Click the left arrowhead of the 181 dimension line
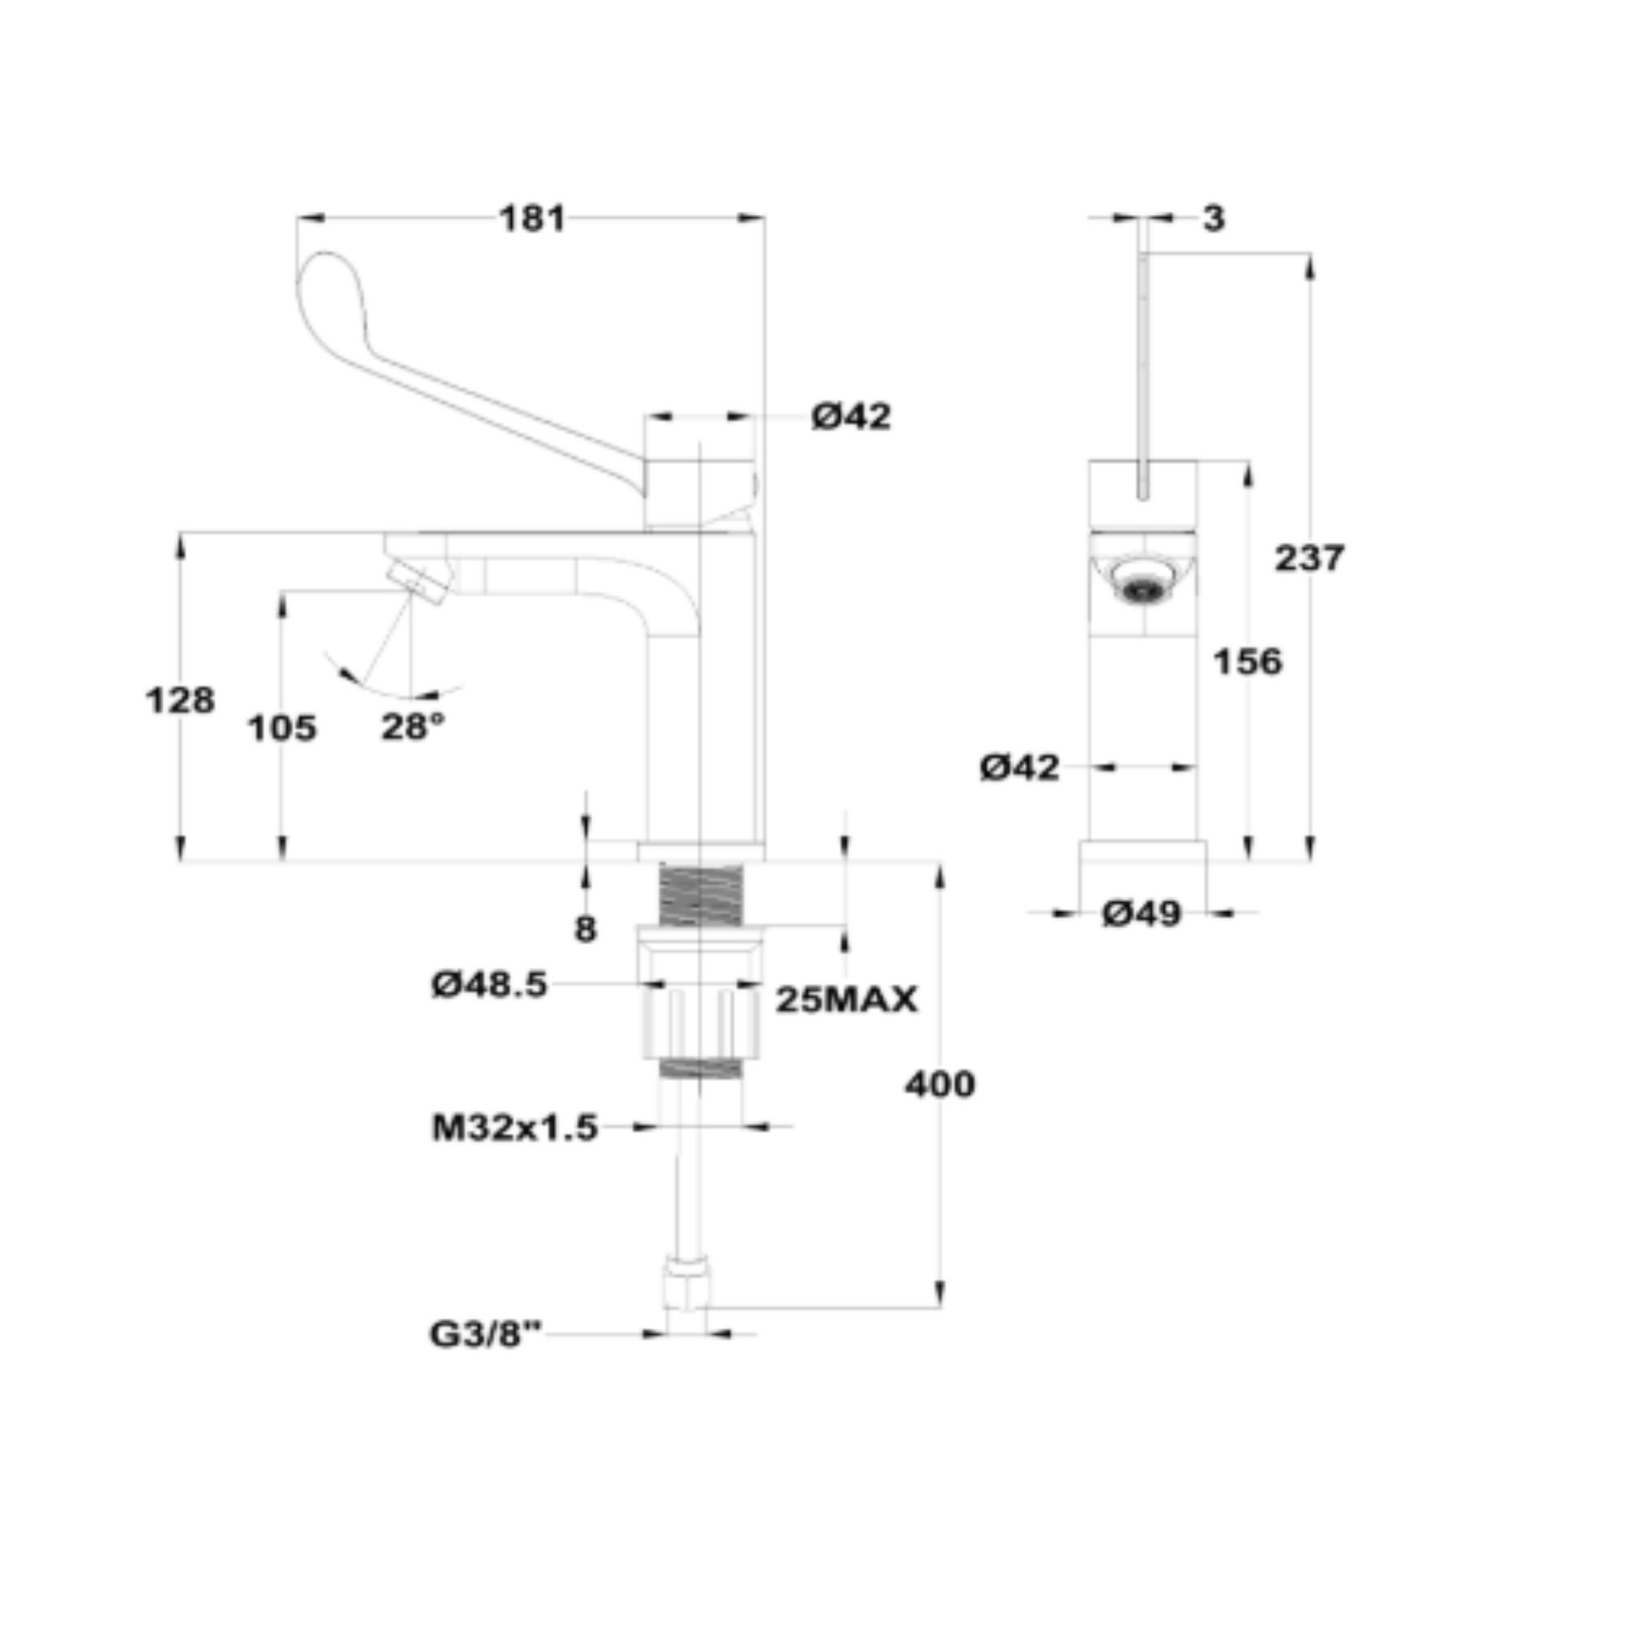click(x=310, y=218)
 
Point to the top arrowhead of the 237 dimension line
click(x=1310, y=267)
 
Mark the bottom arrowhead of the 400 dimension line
click(x=940, y=1293)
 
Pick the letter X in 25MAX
click(x=903, y=1000)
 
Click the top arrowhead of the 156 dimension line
click(x=1248, y=475)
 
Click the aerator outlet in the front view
click(x=1143, y=581)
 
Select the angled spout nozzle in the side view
click(x=418, y=582)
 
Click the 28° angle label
click(x=412, y=726)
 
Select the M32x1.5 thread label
click(x=515, y=1128)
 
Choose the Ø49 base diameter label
click(x=1142, y=913)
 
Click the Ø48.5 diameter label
click(x=489, y=984)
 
